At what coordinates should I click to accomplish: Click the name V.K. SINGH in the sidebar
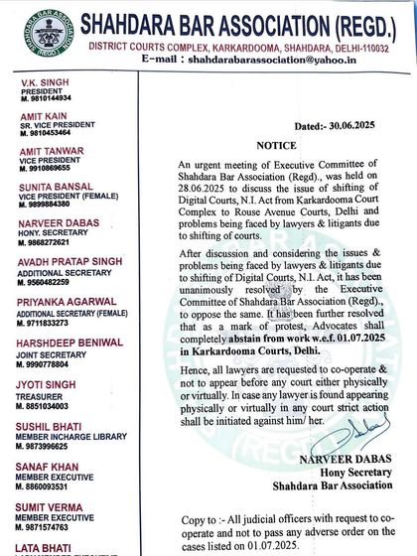tap(42, 76)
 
